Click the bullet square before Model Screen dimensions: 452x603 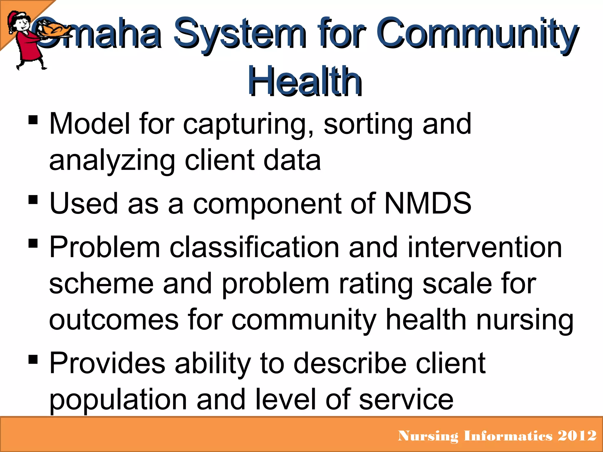(x=33, y=120)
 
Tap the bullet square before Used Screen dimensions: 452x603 (x=33, y=200)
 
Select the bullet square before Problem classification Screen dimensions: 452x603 (x=33, y=243)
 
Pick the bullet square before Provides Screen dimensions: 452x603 (x=33, y=359)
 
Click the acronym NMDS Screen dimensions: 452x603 (x=428, y=203)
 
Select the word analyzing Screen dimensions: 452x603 (x=112, y=161)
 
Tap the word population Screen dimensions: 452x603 (x=118, y=400)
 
